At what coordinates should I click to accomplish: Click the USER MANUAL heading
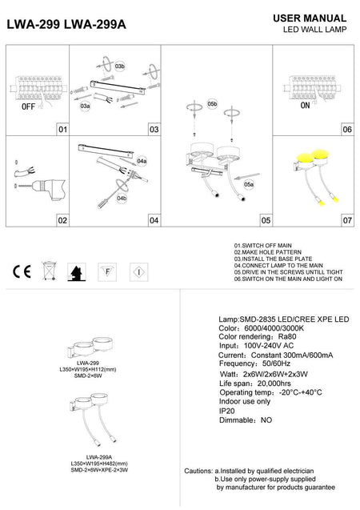310,18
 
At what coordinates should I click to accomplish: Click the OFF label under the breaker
27,106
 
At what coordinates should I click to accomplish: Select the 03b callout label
119,66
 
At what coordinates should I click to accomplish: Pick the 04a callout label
142,161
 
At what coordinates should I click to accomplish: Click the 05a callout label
249,185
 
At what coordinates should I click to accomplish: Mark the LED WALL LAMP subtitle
313,29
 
